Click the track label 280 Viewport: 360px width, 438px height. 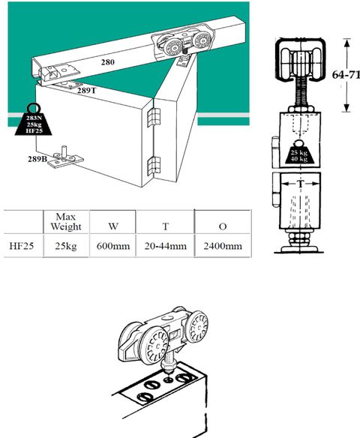(x=108, y=61)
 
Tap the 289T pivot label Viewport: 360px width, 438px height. (x=86, y=90)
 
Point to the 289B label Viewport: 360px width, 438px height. (x=37, y=159)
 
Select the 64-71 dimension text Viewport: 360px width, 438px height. (x=346, y=74)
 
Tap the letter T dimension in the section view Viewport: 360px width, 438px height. (x=300, y=184)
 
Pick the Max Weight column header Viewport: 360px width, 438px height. (x=66, y=221)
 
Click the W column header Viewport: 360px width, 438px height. (x=113, y=226)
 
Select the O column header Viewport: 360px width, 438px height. (x=223, y=226)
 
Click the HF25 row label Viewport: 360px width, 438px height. (x=22, y=246)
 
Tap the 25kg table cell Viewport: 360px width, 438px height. (x=66, y=246)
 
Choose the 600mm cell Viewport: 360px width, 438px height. (x=113, y=246)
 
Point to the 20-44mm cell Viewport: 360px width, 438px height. (x=166, y=246)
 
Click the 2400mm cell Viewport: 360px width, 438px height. (x=223, y=246)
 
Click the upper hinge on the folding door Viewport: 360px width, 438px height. (x=153, y=117)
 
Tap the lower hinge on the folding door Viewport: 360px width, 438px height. (x=153, y=166)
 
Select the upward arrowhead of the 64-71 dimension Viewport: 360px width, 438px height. (x=346, y=43)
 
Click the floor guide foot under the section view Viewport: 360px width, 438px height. (x=299, y=248)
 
